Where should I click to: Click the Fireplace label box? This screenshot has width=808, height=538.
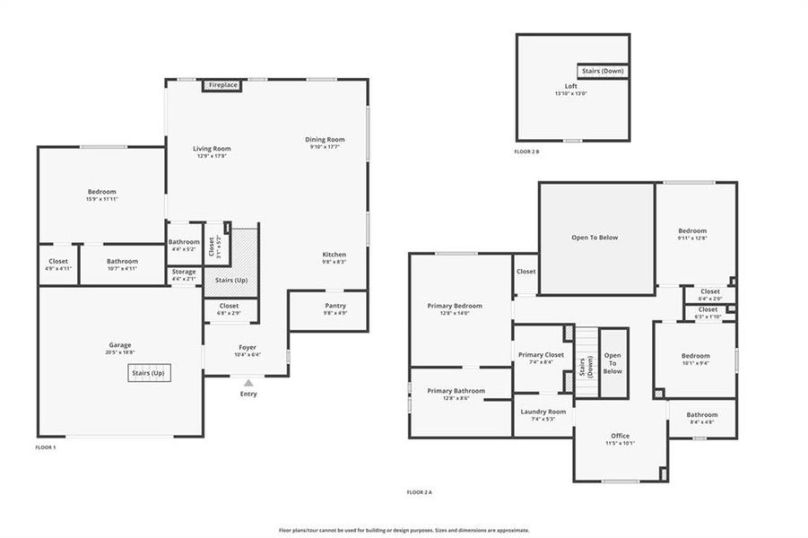223,85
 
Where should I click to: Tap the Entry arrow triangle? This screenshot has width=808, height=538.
248,383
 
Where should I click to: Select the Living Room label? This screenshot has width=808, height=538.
212,149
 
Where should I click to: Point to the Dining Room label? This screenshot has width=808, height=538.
325,140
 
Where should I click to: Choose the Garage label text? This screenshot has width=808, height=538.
120,345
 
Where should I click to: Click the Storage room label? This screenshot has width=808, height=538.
184,272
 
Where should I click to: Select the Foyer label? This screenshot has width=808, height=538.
248,348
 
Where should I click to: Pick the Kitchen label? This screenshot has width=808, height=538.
334,255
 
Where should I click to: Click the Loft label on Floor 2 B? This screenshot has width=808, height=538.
571,86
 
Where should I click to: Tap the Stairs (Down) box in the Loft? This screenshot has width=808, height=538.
603,71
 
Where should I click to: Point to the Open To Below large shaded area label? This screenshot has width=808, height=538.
595,238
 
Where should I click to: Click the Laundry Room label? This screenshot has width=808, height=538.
543,412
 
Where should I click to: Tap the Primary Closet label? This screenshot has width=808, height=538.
541,355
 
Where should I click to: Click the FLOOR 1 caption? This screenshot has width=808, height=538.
46,447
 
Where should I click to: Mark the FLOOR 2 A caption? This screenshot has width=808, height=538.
419,492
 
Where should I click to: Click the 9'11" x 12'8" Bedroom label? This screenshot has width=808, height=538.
691,231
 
